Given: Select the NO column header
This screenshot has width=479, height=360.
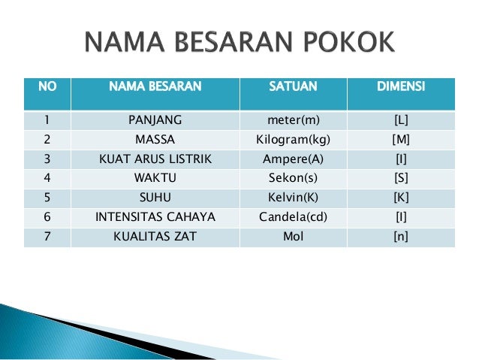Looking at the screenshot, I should (47, 87).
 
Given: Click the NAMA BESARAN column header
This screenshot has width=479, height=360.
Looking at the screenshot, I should (155, 87).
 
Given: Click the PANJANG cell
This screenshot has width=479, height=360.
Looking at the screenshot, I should (155, 120).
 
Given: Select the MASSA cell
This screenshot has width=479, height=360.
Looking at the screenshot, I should (155, 140).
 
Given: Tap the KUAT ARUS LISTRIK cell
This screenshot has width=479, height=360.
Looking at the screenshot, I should (155, 159).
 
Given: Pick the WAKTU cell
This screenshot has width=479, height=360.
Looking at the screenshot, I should (155, 179).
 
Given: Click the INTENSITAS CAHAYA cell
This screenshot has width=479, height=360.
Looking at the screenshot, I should (155, 218).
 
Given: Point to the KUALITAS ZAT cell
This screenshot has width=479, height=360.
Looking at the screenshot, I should (155, 237).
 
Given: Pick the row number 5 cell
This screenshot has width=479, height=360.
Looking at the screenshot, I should (47, 198).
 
